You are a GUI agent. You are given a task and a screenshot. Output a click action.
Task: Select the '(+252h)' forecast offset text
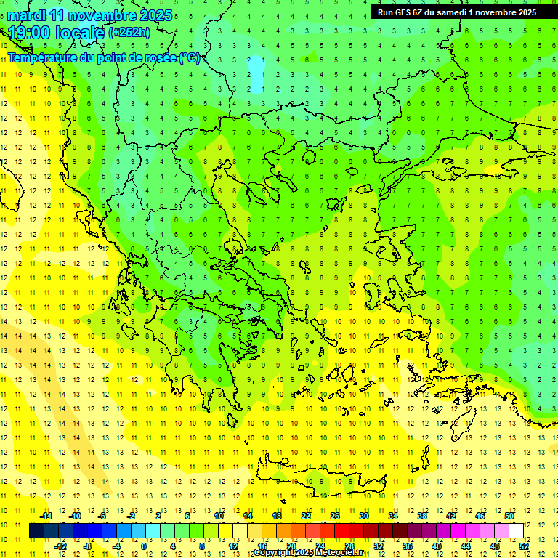pos(129,32)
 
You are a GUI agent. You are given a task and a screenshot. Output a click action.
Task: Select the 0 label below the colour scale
pos(144,546)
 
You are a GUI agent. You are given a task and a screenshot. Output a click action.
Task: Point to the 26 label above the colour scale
pos(335,517)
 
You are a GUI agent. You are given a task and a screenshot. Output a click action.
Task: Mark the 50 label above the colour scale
pos(509,517)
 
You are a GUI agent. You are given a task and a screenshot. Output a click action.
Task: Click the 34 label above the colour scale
pos(393,517)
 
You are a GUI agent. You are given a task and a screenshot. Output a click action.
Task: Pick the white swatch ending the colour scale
pos(516,531)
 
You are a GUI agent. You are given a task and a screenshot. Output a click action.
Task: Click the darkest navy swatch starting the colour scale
pos(36,531)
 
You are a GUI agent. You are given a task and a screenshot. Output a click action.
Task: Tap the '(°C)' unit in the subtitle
pos(190,57)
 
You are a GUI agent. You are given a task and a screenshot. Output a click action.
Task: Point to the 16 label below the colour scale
pos(262,546)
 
